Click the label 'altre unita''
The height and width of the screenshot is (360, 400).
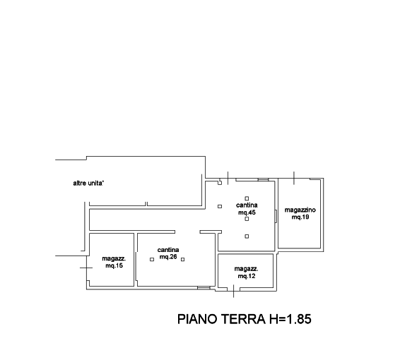(88, 184)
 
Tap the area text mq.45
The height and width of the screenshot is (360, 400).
(247, 212)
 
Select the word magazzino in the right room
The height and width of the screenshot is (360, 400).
(300, 210)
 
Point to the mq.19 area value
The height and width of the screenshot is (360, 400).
(300, 217)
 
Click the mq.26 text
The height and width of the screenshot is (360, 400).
(168, 256)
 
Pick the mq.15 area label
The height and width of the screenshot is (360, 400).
(114, 265)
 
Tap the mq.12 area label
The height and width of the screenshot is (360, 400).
(247, 276)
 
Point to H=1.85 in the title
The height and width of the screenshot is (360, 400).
(290, 319)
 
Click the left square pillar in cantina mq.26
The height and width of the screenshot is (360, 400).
(152, 259)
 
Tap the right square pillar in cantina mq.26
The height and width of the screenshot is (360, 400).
(182, 259)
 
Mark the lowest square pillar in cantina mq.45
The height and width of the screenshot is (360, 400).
(247, 236)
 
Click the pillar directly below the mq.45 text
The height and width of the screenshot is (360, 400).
(247, 219)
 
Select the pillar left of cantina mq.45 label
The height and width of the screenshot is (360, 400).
(220, 206)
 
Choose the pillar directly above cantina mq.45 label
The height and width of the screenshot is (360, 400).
(247, 198)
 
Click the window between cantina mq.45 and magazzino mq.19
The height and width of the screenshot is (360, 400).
(276, 216)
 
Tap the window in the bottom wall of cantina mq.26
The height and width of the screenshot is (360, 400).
(204, 288)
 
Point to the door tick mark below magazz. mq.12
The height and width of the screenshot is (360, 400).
(233, 292)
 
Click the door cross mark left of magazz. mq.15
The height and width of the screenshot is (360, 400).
(86, 268)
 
